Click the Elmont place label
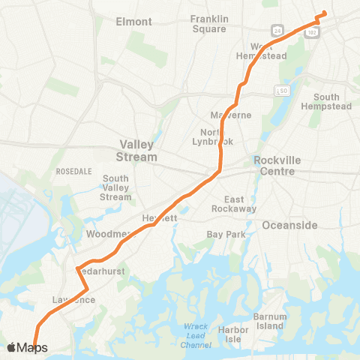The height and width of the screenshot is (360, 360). (x=134, y=22)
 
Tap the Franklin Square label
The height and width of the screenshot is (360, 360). (x=208, y=23)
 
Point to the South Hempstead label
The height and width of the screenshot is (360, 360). (x=326, y=102)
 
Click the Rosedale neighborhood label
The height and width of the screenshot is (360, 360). (x=73, y=172)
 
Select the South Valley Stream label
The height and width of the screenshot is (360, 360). (x=116, y=187)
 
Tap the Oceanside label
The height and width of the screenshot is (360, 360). (x=289, y=225)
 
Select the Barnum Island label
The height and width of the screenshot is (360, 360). (x=270, y=321)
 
